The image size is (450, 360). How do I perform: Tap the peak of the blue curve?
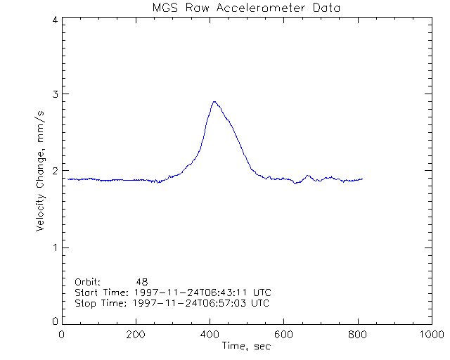click(214, 101)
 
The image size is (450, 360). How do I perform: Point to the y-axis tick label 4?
click(54, 20)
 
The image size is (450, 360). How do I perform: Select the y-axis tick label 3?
click(54, 94)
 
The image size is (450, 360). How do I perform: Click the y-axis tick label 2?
click(54, 171)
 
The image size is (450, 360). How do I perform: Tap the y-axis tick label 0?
click(54, 321)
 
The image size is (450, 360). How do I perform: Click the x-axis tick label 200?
click(136, 335)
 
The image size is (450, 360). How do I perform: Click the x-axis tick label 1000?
click(430, 335)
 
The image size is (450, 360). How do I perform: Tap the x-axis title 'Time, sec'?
click(246, 346)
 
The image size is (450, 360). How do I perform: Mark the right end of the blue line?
click(362, 179)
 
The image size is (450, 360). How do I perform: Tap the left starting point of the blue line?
click(67, 179)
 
